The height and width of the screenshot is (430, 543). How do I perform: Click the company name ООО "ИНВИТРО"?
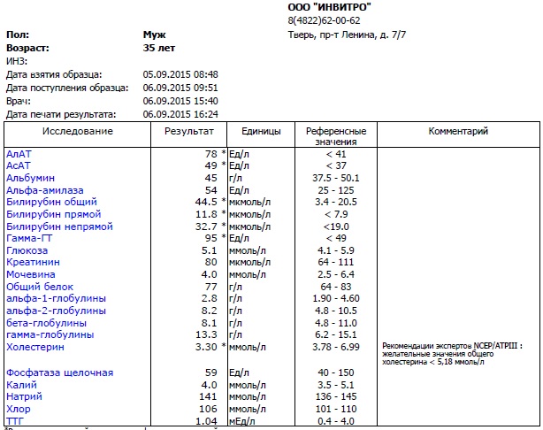pos(330,7)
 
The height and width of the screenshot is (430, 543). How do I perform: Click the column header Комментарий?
pos(458,131)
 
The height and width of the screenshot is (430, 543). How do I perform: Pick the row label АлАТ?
pos(19,154)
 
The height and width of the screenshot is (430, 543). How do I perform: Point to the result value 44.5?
pos(202,202)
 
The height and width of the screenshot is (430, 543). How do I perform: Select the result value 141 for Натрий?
pos(207,397)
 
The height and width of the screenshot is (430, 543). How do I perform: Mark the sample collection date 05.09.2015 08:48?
pos(180,74)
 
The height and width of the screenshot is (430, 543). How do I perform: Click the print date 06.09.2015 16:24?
pos(180,114)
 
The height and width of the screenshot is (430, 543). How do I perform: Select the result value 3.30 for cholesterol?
pos(203,348)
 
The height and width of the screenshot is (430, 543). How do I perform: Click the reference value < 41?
pos(334,154)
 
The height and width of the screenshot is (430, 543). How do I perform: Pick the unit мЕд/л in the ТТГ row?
pos(243,422)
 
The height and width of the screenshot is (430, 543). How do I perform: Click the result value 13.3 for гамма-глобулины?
pos(203,335)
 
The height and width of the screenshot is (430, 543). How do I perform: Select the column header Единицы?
pos(255,131)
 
